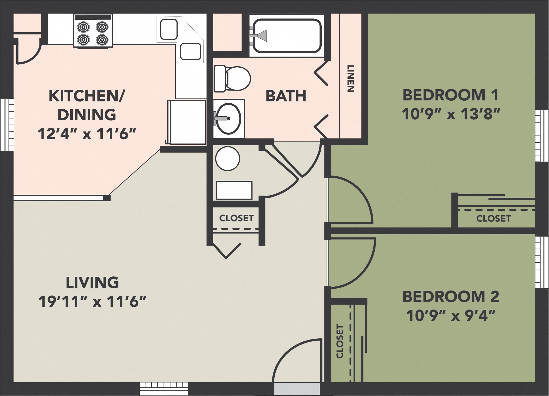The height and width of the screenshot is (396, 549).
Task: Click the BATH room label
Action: (x=286, y=96)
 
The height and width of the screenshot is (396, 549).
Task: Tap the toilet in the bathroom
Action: (x=233, y=79)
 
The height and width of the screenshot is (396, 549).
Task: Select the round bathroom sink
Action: (x=229, y=118)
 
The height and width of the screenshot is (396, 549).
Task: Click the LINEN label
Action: (x=350, y=78)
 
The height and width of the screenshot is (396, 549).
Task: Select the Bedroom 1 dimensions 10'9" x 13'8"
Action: (x=450, y=114)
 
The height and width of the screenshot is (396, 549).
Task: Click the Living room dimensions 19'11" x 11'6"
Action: (x=92, y=301)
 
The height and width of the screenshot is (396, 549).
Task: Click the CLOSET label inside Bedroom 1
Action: (x=493, y=219)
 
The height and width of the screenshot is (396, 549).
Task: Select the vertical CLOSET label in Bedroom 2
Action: (x=340, y=341)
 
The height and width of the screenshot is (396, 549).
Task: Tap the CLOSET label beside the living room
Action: (x=236, y=218)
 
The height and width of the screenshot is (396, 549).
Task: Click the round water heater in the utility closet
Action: (x=228, y=159)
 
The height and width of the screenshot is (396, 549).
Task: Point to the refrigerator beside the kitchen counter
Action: (x=187, y=122)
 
